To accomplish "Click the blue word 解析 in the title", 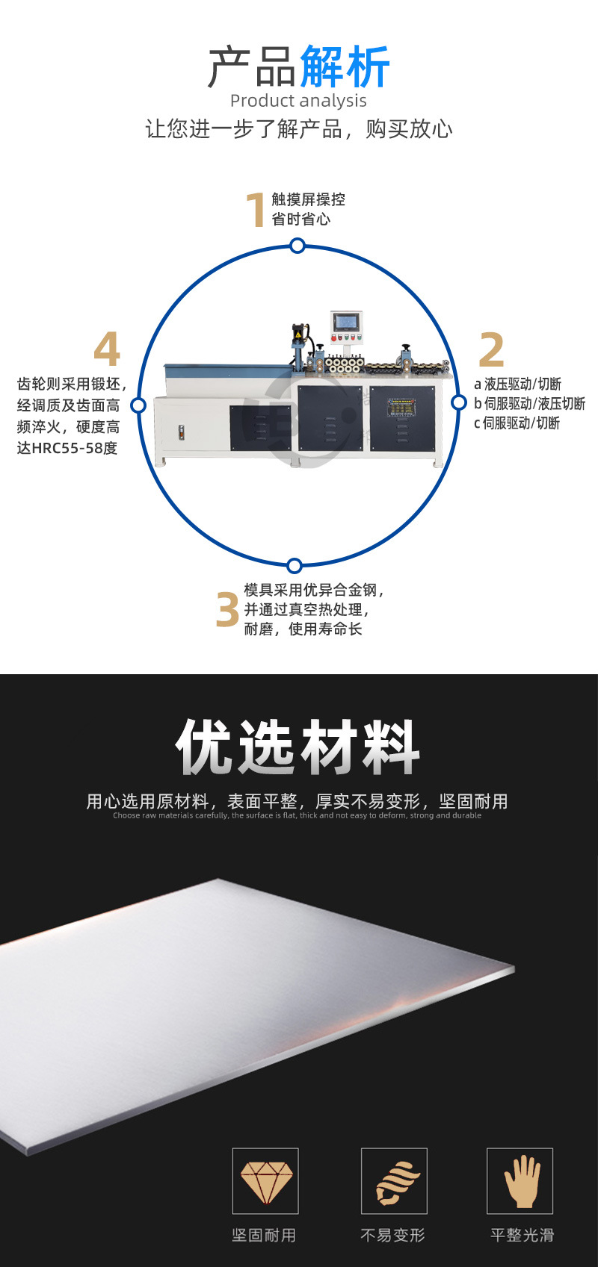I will coord(345,68).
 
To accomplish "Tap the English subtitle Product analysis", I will coord(298,101).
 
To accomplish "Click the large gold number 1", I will coord(256,210).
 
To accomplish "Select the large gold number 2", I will coord(491,349).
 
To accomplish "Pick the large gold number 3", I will coord(227,610).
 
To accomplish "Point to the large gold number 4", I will coord(107,349).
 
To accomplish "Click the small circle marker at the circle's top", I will coord(298,246).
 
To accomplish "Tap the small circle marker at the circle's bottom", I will coord(295,565).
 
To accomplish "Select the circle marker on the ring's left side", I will coord(138,405).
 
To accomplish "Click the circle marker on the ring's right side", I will coord(458,402).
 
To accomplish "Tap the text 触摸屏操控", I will coord(308,199).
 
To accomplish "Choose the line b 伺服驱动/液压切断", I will coord(529,404).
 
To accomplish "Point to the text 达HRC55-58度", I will coord(67,448).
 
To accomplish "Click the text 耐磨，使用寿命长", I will coord(303,629).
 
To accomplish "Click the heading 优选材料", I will coord(298,747).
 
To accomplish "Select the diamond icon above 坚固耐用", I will coord(265,1180).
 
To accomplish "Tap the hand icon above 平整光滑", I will coord(520,1180).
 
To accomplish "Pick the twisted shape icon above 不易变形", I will coord(394,1180).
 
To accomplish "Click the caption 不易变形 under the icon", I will coord(392,1236).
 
